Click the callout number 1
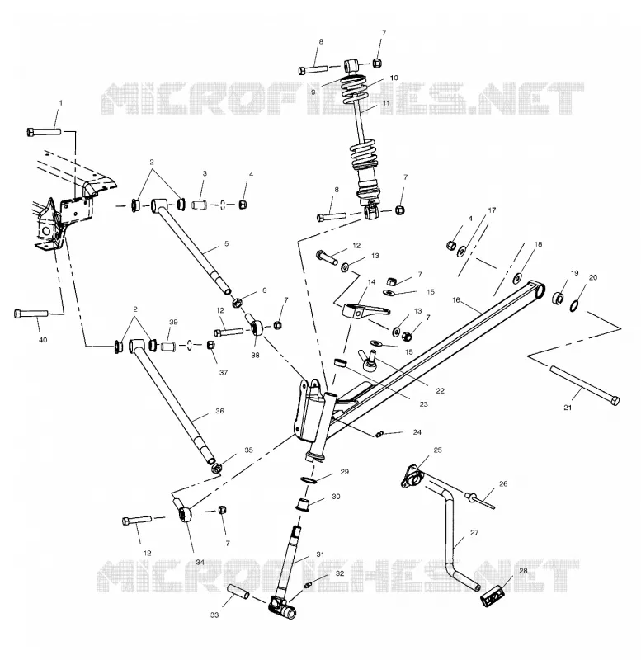click(60, 102)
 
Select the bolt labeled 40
click(31, 313)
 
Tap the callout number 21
click(568, 408)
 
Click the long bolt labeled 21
click(585, 385)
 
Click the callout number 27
click(474, 532)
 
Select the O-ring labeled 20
click(574, 305)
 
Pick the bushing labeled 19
click(558, 298)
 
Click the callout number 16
click(456, 300)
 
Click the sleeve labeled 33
click(238, 592)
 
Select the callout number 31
click(320, 554)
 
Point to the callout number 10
click(394, 78)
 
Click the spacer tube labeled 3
click(200, 205)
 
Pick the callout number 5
click(226, 243)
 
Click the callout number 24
click(417, 431)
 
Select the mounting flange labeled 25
click(411, 477)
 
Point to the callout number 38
click(255, 356)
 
